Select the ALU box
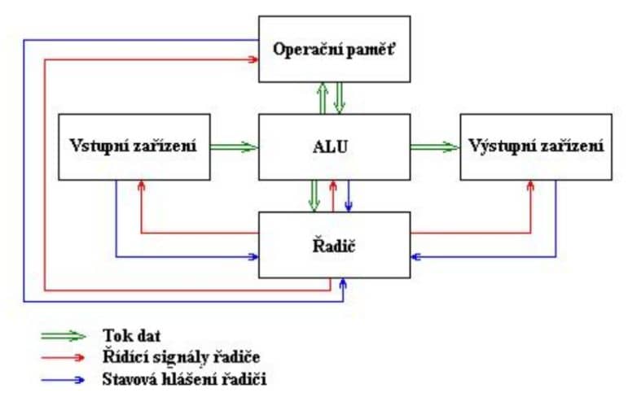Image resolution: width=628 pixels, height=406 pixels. [x=334, y=146]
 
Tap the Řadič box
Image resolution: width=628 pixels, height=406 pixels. [x=334, y=242]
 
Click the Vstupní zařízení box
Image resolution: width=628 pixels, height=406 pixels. [x=134, y=146]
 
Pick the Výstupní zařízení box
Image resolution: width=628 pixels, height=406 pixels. [x=535, y=146]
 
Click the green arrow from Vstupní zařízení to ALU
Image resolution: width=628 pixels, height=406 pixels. [x=234, y=146]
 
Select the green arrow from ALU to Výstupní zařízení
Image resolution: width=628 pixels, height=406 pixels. [x=434, y=146]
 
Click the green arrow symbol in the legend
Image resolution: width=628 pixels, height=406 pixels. [x=65, y=335]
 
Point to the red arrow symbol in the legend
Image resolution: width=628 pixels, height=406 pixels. [x=65, y=356]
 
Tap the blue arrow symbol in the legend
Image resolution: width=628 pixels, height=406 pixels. [x=65, y=378]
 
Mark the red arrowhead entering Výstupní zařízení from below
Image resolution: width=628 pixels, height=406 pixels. [x=531, y=185]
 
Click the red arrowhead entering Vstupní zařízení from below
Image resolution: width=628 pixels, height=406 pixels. [x=143, y=185]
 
